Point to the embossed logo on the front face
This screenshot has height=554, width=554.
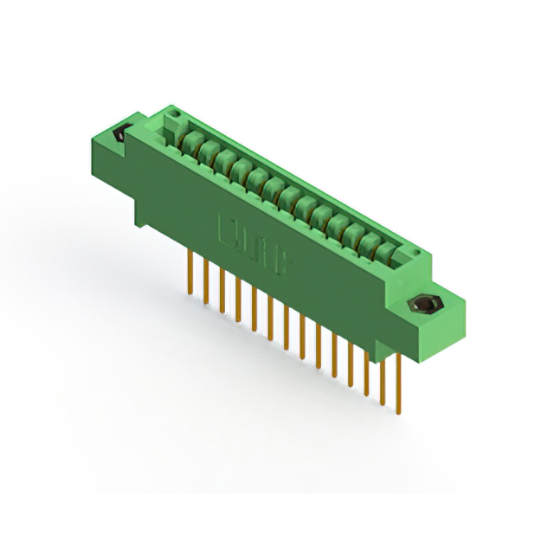pyautogui.click(x=253, y=248)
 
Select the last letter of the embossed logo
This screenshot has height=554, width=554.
pyautogui.click(x=281, y=263)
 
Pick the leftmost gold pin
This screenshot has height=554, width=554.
pyautogui.click(x=190, y=272)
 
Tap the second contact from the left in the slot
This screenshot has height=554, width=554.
pyautogui.click(x=207, y=150)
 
